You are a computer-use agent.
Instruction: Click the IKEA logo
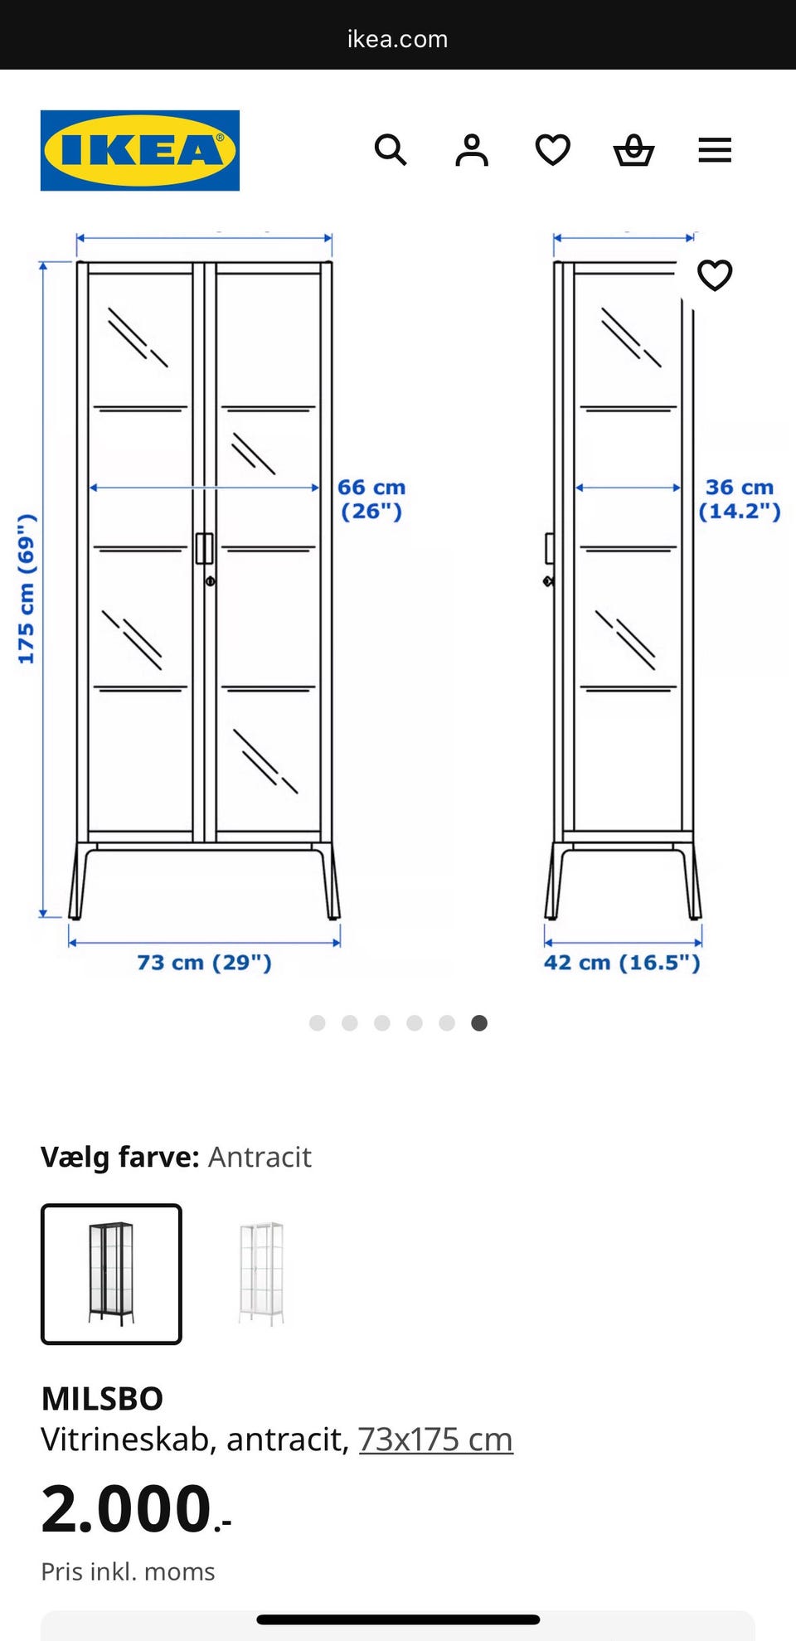(140, 150)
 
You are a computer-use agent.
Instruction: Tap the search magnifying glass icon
(391, 150)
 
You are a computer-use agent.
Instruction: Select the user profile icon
(472, 150)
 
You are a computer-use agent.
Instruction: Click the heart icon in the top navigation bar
(552, 150)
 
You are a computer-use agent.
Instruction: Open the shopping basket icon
(634, 150)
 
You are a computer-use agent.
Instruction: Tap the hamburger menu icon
(715, 150)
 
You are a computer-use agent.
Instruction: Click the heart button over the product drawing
(715, 275)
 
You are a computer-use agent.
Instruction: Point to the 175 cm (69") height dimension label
(27, 589)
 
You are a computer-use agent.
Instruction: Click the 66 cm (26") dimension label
(371, 499)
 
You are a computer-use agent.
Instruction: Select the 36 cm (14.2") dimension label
(740, 499)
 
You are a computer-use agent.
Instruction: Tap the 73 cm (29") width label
(204, 963)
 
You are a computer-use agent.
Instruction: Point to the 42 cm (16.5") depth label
(622, 963)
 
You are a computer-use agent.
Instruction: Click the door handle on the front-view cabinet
(204, 548)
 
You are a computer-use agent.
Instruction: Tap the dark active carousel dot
(479, 1023)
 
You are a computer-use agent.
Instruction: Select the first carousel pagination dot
(317, 1023)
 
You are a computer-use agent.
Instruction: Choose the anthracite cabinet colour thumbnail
(111, 1274)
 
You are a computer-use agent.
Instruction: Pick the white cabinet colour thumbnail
(261, 1274)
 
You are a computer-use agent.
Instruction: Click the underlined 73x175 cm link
(435, 1440)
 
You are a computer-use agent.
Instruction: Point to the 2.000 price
(136, 1508)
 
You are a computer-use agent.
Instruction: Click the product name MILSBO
(102, 1399)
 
